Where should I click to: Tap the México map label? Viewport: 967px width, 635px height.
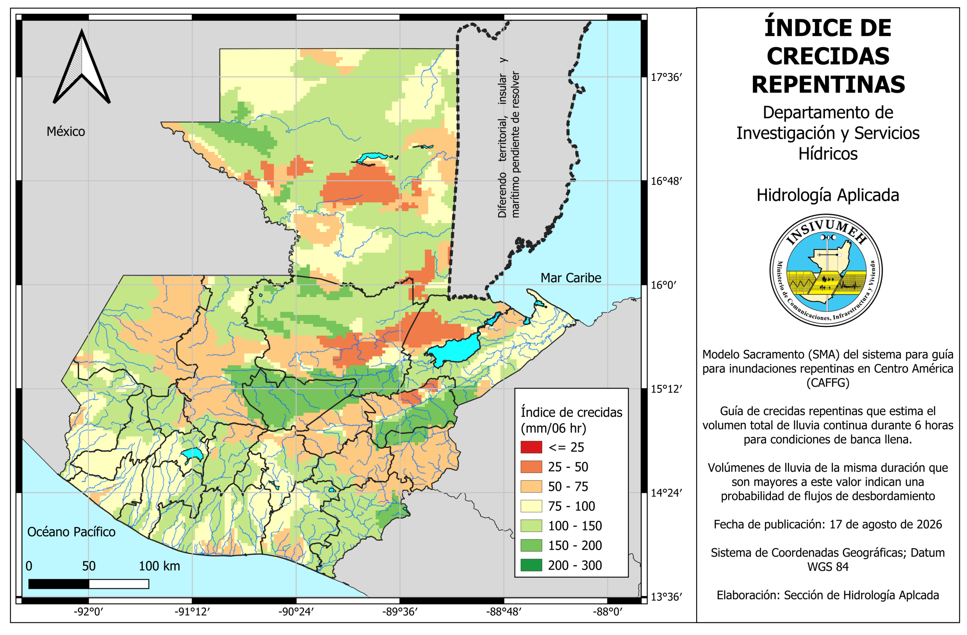coord(66,132)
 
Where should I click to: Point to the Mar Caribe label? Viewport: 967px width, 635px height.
coord(571,278)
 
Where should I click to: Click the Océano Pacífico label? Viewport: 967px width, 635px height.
coord(71,532)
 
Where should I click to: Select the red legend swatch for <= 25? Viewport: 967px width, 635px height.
coord(531,447)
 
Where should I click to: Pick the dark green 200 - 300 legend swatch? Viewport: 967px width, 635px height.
coord(531,565)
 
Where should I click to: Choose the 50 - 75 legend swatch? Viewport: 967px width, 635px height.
coord(531,486)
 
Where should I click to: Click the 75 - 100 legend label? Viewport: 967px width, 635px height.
coord(571,506)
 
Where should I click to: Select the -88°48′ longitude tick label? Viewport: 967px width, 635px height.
coord(504,612)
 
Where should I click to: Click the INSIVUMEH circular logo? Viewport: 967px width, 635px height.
coord(826,270)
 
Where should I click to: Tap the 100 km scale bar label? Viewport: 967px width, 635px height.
coord(159,566)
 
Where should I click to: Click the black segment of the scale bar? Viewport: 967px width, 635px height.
coord(59,584)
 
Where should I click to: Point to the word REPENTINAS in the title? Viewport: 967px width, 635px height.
coord(828,85)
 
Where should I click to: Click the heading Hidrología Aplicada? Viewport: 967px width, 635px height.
coord(828,195)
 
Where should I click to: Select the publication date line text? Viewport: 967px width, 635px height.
coord(828,524)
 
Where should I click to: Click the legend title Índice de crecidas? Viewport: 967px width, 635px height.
coord(571,412)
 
